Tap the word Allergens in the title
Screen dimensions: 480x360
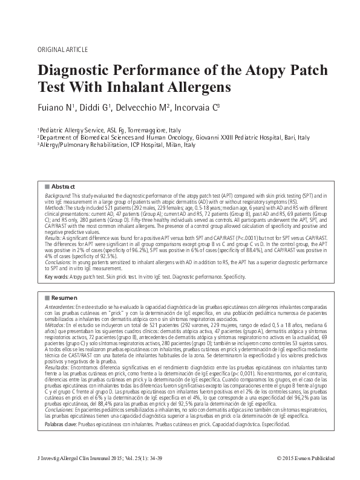(189, 86)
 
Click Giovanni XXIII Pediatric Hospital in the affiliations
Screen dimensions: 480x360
(239, 137)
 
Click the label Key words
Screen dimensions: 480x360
(56, 277)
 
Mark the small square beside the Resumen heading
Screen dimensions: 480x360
(48, 298)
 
